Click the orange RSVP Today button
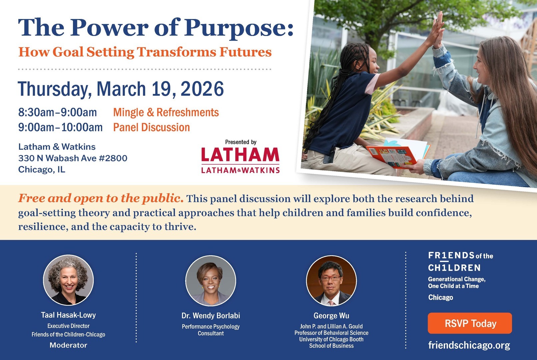[470, 323]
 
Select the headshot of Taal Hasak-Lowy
[68, 280]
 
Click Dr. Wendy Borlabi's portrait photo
[211, 281]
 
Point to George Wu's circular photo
[331, 281]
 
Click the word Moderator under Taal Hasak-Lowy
[68, 345]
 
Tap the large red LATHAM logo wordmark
[240, 154]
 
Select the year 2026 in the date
[202, 89]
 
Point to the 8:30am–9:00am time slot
[58, 112]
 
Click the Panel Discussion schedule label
[152, 127]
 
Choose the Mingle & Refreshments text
[166, 112]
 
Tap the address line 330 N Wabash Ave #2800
[73, 158]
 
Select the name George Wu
[331, 316]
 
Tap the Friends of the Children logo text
[460, 262]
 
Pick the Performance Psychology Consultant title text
[211, 330]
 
